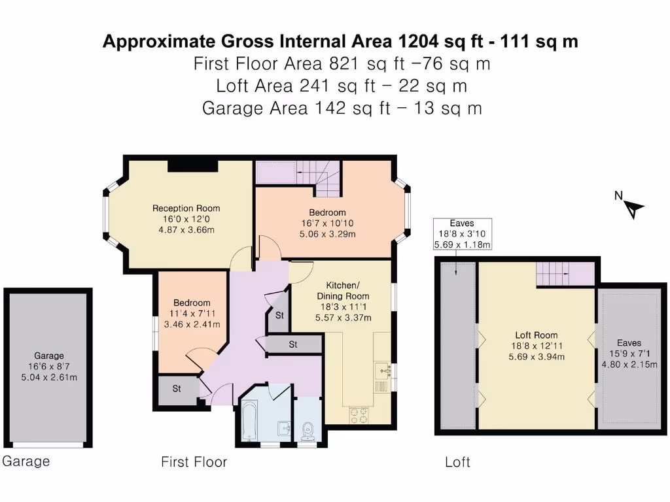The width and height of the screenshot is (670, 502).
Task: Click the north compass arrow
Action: pos(634,209)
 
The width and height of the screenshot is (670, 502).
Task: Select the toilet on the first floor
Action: pos(308,431)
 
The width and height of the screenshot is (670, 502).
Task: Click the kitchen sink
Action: pos(383,371)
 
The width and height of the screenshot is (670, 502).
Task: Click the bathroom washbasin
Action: pos(285,427)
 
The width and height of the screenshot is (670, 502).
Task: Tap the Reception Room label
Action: pos(186,209)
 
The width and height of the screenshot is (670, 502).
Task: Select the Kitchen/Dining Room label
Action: pos(343,290)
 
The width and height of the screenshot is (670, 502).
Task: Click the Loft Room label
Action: pos(537,335)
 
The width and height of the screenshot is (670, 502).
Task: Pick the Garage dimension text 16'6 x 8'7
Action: pos(49,366)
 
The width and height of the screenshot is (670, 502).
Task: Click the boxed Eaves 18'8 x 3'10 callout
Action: pos(463,234)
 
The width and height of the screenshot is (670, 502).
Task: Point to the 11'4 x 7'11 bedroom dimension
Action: pos(192,313)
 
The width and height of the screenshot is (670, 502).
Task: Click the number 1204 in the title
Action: pos(418,41)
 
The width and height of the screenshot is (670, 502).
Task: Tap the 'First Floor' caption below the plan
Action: pos(194,462)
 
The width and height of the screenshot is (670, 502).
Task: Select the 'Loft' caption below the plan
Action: pos(457,462)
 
